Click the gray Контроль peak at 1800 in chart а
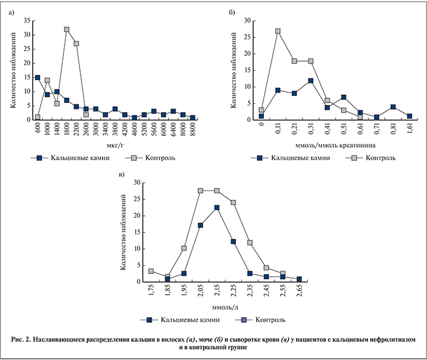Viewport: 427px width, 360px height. click(x=66, y=29)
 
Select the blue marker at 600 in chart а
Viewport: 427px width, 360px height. click(x=38, y=77)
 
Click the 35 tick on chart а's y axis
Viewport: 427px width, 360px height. click(x=26, y=20)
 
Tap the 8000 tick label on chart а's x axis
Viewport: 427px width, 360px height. click(x=193, y=130)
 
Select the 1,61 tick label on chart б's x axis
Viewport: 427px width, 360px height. click(x=410, y=129)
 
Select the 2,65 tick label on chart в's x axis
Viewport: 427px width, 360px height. click(x=299, y=293)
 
